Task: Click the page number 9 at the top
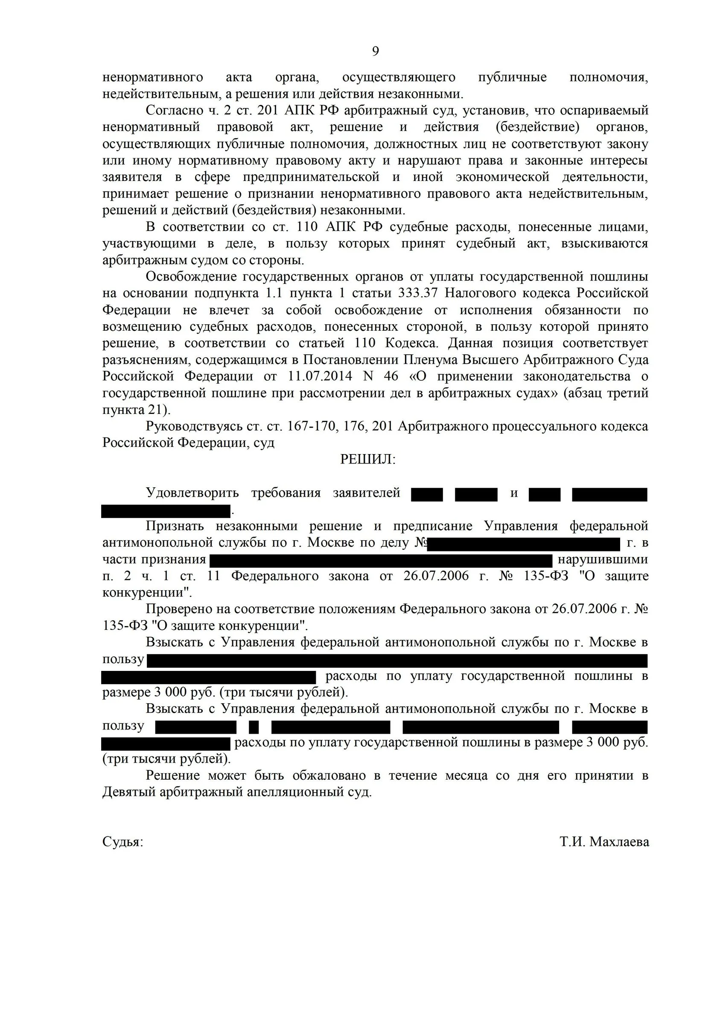[x=375, y=52]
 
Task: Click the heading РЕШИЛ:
[x=367, y=460]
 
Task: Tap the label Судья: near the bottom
[x=123, y=842]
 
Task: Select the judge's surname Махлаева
[x=619, y=842]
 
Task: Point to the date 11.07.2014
[x=320, y=376]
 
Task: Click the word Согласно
[x=174, y=111]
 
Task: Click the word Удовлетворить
[x=192, y=493]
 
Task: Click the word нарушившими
[x=603, y=559]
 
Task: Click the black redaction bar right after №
[x=524, y=544]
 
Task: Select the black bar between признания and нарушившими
[x=381, y=560]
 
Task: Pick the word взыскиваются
[x=604, y=244]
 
